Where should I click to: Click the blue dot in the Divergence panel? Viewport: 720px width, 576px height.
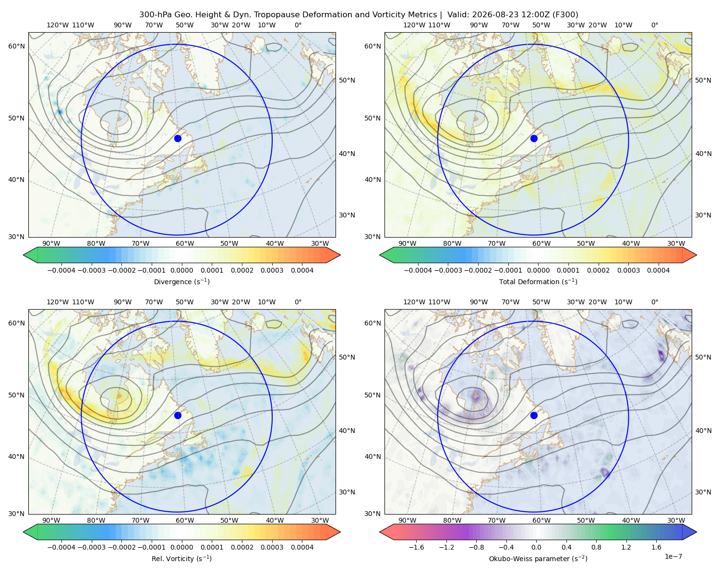(x=178, y=138)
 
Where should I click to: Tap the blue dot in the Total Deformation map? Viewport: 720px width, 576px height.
(x=534, y=138)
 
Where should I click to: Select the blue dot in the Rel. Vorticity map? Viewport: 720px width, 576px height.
(x=178, y=415)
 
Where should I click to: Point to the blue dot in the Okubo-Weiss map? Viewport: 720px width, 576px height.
(x=534, y=415)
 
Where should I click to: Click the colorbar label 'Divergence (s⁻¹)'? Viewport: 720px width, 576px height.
(x=181, y=282)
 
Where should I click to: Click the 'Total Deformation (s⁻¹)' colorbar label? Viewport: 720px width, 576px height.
(x=538, y=282)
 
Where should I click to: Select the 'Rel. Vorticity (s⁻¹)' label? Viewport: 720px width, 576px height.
(x=181, y=559)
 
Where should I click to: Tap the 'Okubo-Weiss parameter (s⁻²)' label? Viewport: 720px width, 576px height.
(x=538, y=559)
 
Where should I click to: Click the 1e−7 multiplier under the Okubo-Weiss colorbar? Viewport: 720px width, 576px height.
(x=673, y=556)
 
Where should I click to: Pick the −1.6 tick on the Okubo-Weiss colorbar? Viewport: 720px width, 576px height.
(x=416, y=547)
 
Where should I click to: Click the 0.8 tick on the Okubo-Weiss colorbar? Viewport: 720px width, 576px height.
(x=596, y=547)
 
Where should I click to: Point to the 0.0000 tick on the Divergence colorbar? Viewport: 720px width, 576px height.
(x=181, y=270)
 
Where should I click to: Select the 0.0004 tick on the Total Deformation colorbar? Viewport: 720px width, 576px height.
(x=659, y=270)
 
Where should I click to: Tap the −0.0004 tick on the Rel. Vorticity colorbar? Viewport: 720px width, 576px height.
(x=61, y=547)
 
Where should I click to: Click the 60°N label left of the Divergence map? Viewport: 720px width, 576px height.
(x=16, y=46)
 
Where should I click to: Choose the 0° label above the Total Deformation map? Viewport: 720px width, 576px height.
(x=655, y=25)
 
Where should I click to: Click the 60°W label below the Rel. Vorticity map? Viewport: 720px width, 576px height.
(x=185, y=520)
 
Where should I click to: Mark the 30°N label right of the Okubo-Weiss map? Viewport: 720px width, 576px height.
(x=703, y=492)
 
